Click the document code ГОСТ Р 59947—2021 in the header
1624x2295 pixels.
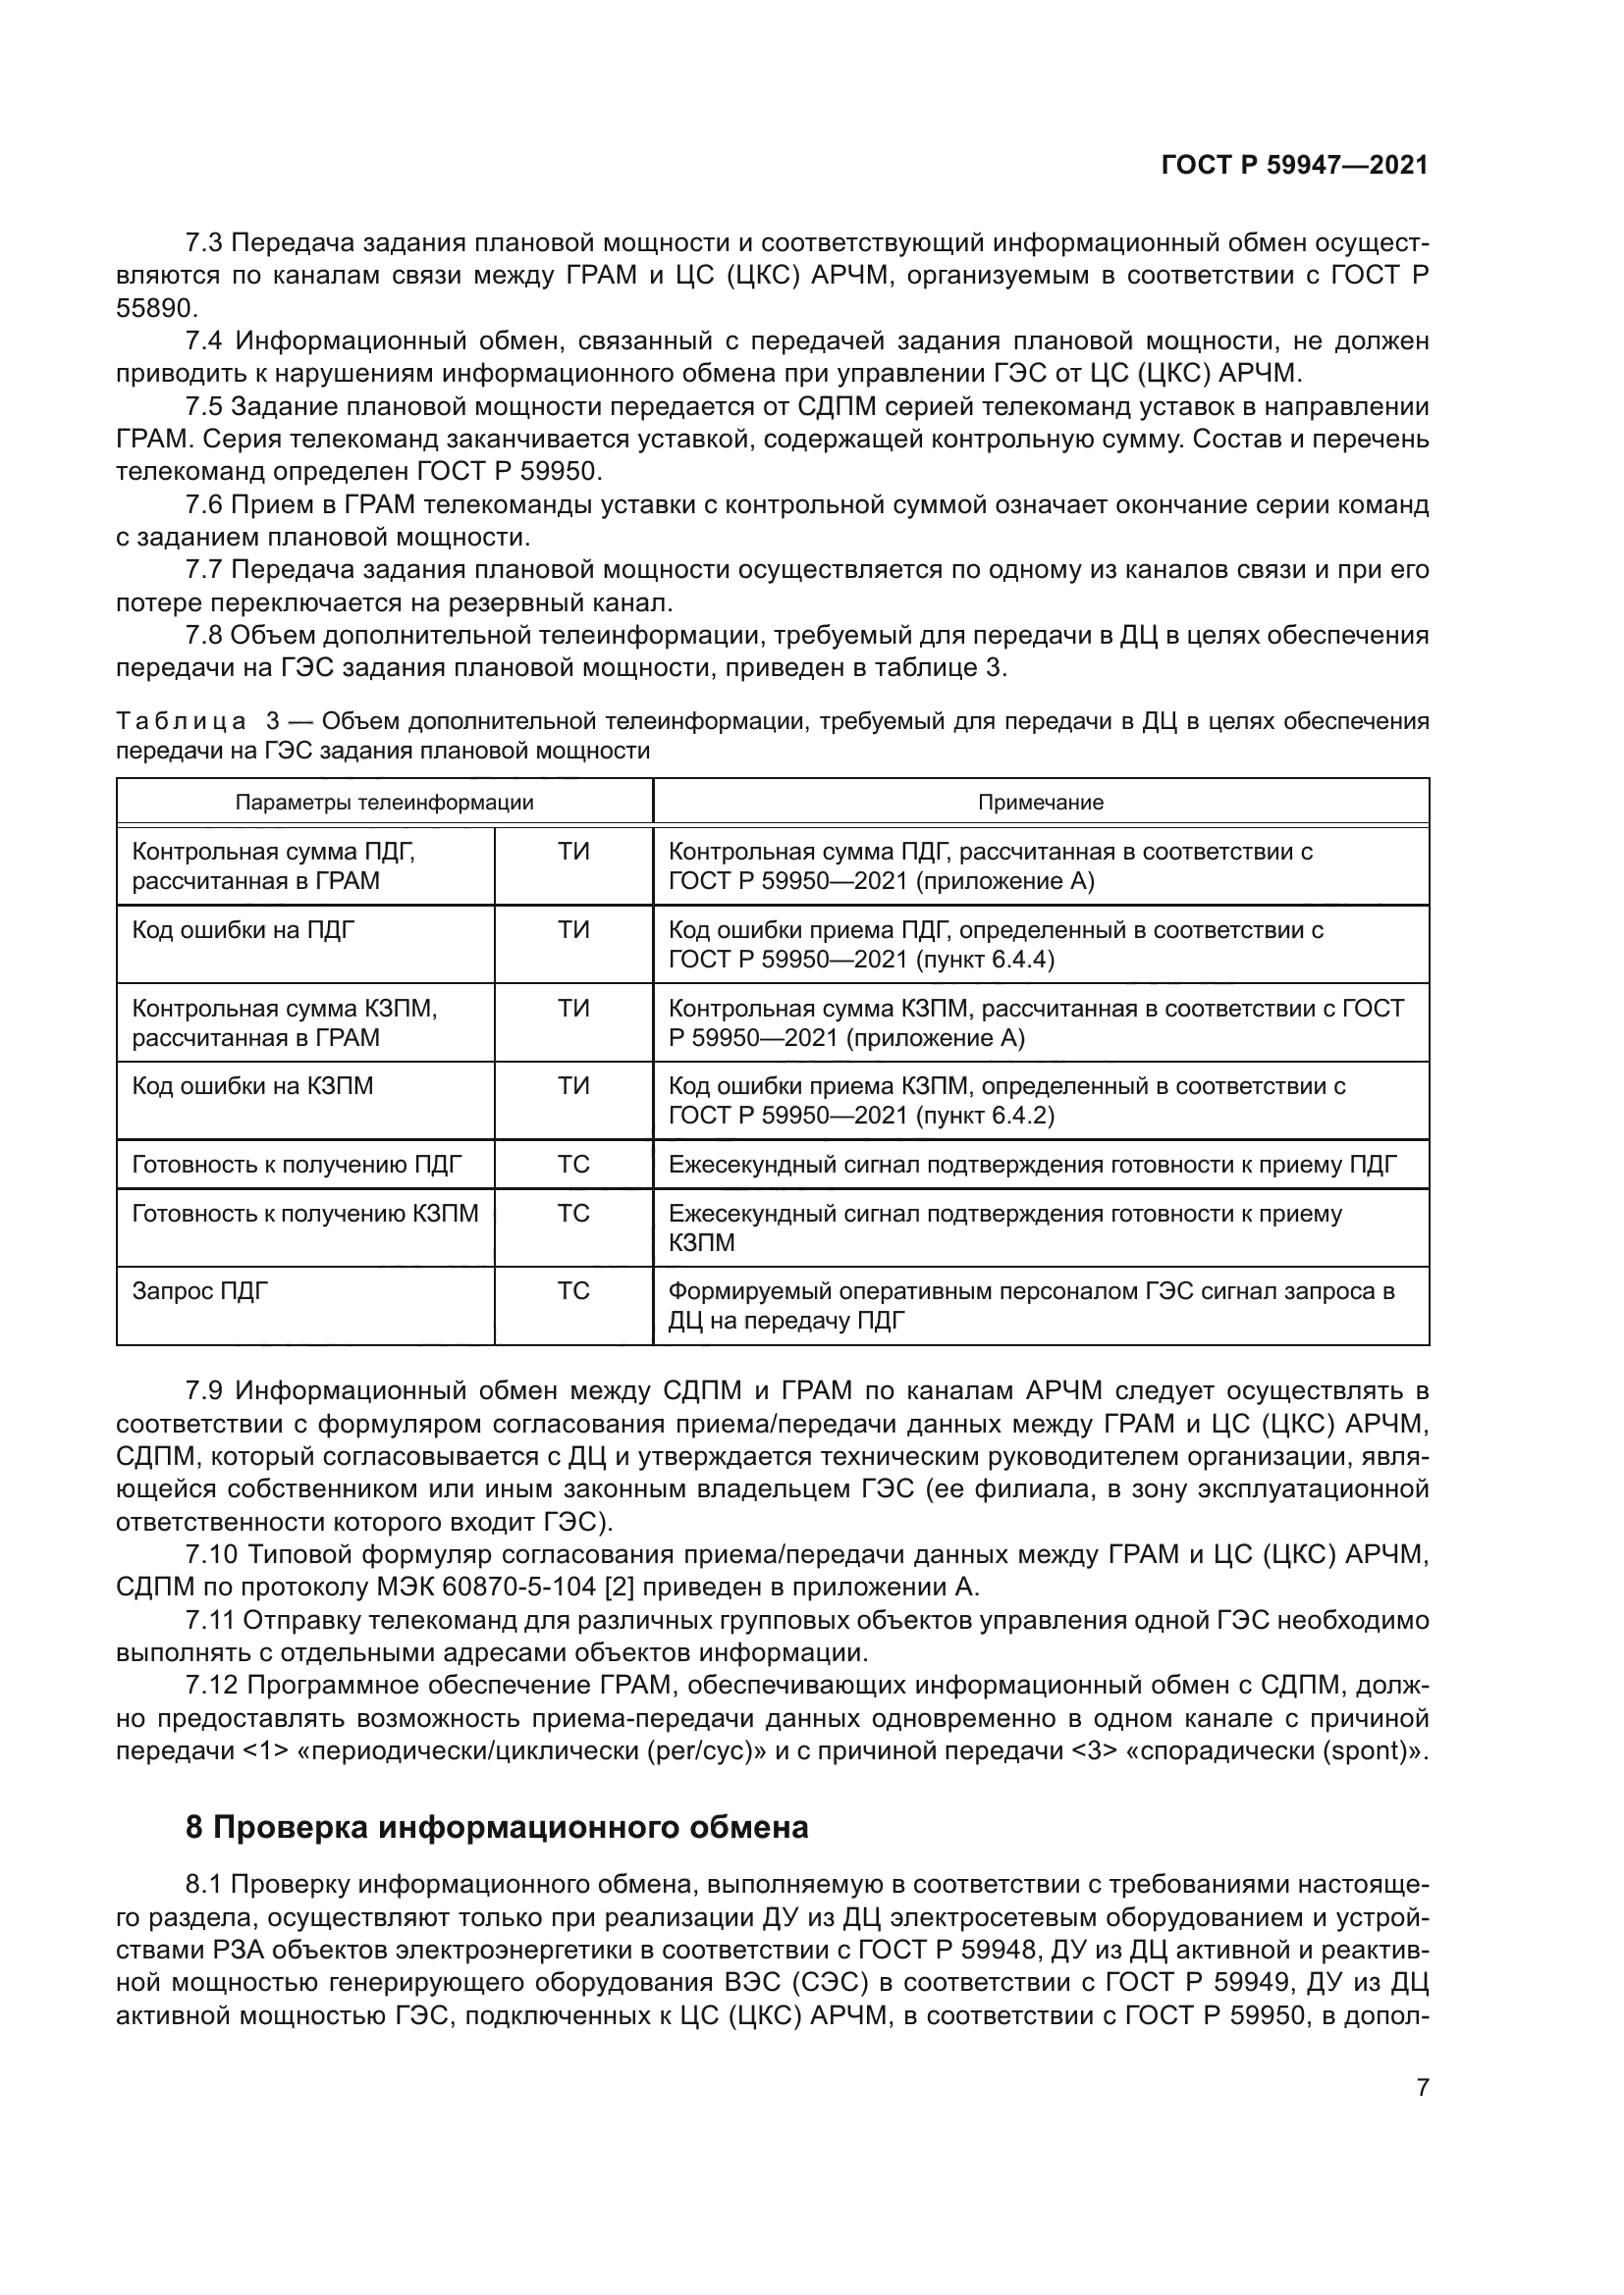point(1294,166)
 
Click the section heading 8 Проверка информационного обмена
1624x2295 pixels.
point(497,1827)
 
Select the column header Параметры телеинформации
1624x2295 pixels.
point(384,802)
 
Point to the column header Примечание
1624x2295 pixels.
point(1040,802)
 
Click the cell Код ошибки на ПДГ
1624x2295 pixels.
point(243,930)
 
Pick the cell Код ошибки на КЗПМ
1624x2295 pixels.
point(252,1085)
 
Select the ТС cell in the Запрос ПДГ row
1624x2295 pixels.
point(573,1290)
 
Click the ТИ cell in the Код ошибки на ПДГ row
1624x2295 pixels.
point(573,930)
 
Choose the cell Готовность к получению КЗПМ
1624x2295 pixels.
point(305,1214)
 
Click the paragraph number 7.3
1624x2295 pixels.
point(205,243)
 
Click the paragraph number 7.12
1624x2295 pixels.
point(211,1686)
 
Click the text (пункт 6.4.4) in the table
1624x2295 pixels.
point(984,960)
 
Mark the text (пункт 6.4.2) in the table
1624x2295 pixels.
point(984,1115)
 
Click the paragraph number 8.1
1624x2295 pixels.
point(205,1884)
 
